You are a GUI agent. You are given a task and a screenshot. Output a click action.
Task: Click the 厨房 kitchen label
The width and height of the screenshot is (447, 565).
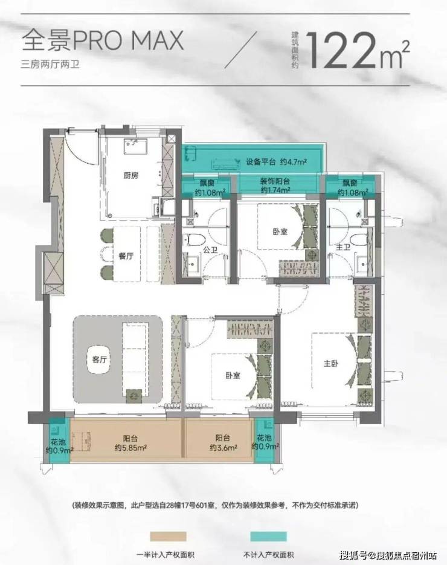130,175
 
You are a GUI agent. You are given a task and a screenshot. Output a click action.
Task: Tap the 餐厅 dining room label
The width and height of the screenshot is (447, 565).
126,256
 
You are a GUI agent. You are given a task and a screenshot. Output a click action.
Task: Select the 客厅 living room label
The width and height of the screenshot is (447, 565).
99,360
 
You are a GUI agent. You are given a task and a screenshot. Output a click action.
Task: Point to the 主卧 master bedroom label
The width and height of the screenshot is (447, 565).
330,363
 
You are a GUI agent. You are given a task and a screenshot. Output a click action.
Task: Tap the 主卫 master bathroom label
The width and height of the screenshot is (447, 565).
343,248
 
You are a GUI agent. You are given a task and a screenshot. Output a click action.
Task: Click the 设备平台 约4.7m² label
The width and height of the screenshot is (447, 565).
276,162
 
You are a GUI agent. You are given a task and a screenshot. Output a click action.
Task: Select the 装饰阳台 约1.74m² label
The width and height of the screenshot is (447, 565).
275,186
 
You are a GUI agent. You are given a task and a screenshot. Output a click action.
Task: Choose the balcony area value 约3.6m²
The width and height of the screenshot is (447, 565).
224,448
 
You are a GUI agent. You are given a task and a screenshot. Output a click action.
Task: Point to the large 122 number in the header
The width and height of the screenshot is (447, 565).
342,50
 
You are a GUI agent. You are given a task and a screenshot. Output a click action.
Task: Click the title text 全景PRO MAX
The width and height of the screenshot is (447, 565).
103,40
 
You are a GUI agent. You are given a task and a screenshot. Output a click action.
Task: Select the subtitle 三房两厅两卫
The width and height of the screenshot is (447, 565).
50,65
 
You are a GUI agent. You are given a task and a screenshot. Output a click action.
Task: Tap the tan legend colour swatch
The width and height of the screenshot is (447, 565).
168,537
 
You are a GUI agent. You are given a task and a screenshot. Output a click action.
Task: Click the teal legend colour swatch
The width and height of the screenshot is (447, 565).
268,537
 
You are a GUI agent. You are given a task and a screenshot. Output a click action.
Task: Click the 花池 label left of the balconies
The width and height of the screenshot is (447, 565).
58,442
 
